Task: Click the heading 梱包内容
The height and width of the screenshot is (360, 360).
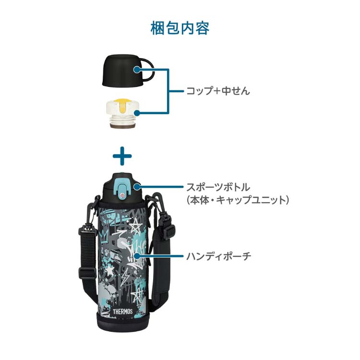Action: click(180, 28)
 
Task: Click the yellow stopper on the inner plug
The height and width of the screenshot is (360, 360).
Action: click(122, 105)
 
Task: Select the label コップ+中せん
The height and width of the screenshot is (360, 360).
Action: click(218, 91)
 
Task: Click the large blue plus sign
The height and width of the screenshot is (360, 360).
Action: click(122, 156)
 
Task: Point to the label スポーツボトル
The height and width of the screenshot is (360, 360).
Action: click(218, 187)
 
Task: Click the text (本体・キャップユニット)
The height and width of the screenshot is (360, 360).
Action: click(238, 200)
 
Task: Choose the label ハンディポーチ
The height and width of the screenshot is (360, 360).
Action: click(218, 256)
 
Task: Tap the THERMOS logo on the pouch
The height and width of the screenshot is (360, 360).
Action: click(122, 312)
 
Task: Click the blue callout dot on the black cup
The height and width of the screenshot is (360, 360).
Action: click(137, 69)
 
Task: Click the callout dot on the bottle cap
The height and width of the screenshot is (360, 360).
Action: click(137, 187)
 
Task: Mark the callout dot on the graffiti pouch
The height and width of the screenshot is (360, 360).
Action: click(137, 256)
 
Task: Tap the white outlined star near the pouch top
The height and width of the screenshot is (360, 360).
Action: click(135, 225)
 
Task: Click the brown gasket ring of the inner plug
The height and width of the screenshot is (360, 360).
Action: click(122, 126)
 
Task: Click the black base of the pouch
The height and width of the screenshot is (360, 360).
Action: click(123, 324)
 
